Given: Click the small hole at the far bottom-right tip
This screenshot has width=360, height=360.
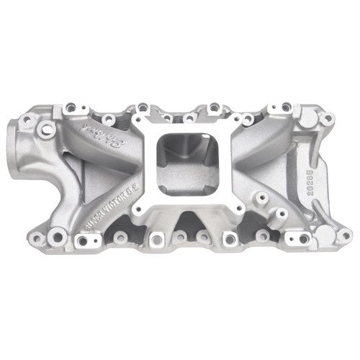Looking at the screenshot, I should [346, 235].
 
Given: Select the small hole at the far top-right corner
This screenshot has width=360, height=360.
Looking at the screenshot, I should [328, 118].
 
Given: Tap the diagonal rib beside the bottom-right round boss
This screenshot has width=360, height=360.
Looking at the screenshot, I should [306, 216].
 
